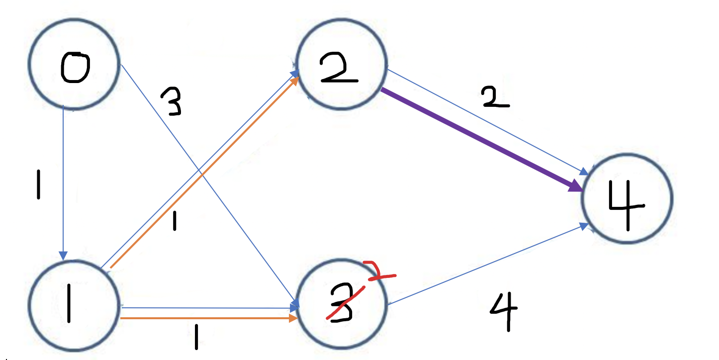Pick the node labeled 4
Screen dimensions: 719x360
[627, 199]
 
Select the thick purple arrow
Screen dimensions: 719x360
[477, 139]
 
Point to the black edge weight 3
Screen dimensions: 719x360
[171, 102]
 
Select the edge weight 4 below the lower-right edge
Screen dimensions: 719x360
[503, 311]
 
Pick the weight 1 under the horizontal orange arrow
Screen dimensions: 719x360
[197, 338]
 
